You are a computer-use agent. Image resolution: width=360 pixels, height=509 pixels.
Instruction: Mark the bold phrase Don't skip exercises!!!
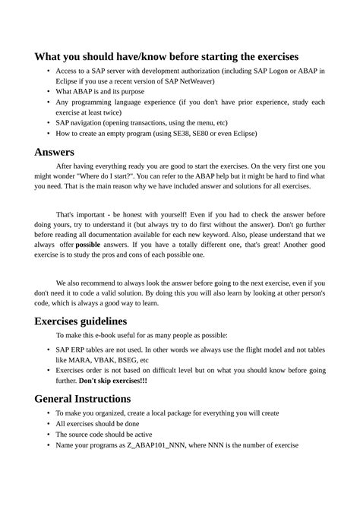click(x=113, y=380)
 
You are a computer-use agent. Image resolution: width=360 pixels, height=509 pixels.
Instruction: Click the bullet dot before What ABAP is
click(x=49, y=91)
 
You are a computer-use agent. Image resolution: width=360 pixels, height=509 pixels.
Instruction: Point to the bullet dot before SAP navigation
click(x=49, y=122)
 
